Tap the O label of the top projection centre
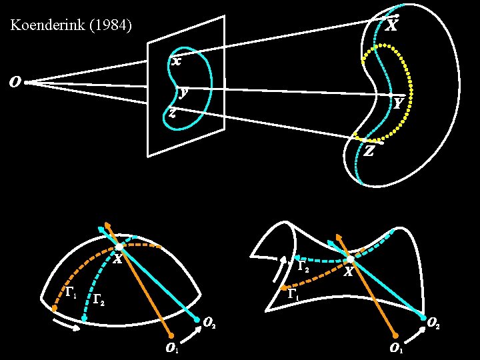pos(13,83)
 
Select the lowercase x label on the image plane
pos(176,61)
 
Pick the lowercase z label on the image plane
pos(172,113)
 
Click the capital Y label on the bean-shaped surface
pos(398,103)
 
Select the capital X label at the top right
pos(392,26)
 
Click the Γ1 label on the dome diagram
pos(70,292)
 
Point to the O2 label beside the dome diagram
pos(209,324)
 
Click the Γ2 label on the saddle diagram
pos(302,267)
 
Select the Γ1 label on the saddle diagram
pos(292,293)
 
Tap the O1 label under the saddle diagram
pos(396,347)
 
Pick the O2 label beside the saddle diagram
pos(432,325)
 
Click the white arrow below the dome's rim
pos(69,325)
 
